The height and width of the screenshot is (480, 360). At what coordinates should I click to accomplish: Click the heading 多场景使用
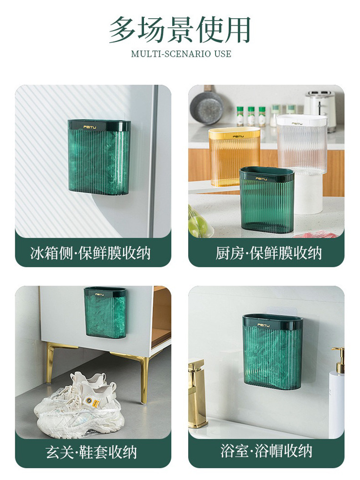click(x=180, y=30)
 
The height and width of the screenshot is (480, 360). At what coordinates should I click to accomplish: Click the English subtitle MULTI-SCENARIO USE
click(x=181, y=54)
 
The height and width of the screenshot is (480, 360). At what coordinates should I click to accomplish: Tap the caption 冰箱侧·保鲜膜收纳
click(x=90, y=253)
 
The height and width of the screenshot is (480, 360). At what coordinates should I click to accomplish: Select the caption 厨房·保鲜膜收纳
click(x=268, y=253)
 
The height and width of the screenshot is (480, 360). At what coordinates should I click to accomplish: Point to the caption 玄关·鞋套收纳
click(x=91, y=452)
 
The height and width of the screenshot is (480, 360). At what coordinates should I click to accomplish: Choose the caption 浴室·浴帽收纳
click(x=266, y=451)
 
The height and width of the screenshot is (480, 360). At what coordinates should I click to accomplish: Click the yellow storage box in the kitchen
click(x=234, y=156)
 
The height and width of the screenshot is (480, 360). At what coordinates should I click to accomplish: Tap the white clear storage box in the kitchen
click(x=302, y=144)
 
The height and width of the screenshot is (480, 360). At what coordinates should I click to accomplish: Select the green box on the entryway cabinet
click(x=105, y=312)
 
